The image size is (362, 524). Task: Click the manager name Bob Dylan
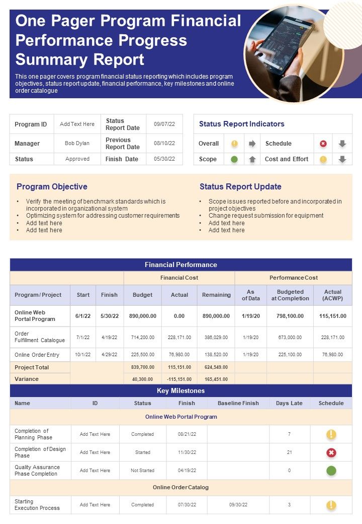click(x=77, y=143)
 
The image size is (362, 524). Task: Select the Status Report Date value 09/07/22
click(x=164, y=124)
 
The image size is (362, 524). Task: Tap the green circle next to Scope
click(x=234, y=159)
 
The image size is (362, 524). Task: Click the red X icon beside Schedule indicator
click(x=323, y=144)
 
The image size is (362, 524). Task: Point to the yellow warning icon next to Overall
click(x=234, y=144)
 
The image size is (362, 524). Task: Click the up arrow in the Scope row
click(x=252, y=159)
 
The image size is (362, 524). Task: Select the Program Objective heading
click(x=52, y=186)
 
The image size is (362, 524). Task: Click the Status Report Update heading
click(x=240, y=186)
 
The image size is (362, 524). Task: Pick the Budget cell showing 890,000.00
click(x=143, y=316)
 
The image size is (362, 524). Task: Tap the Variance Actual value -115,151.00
click(x=179, y=379)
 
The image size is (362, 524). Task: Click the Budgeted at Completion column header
click(x=290, y=295)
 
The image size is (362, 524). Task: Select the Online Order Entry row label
click(x=37, y=355)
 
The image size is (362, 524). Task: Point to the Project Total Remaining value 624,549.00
click(x=216, y=367)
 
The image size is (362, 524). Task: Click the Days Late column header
click(x=289, y=403)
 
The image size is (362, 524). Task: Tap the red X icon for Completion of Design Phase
click(x=331, y=452)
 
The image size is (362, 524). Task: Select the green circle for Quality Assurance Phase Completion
click(x=331, y=471)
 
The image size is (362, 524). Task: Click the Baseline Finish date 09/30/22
click(x=238, y=504)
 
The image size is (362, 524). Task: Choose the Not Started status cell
click(x=142, y=471)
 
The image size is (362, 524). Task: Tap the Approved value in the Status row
click(x=77, y=159)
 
